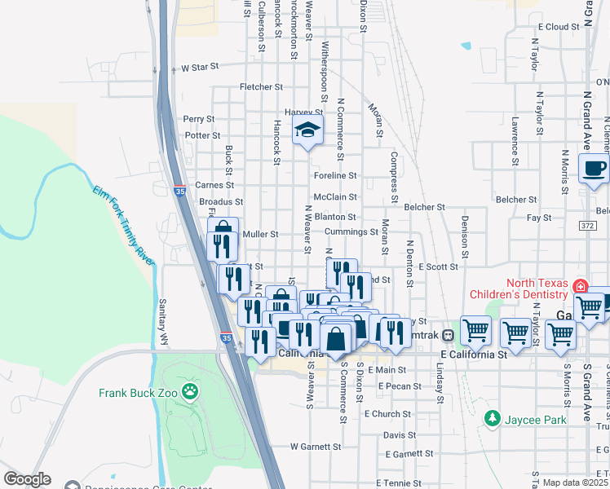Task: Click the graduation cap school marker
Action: click(308, 130)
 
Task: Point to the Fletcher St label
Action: click(261, 86)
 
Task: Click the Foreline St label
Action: click(335, 175)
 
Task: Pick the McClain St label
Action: click(335, 196)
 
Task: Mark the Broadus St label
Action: click(221, 201)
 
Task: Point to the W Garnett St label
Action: click(316, 447)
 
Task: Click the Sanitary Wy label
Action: click(163, 310)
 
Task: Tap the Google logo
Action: click(28, 479)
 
